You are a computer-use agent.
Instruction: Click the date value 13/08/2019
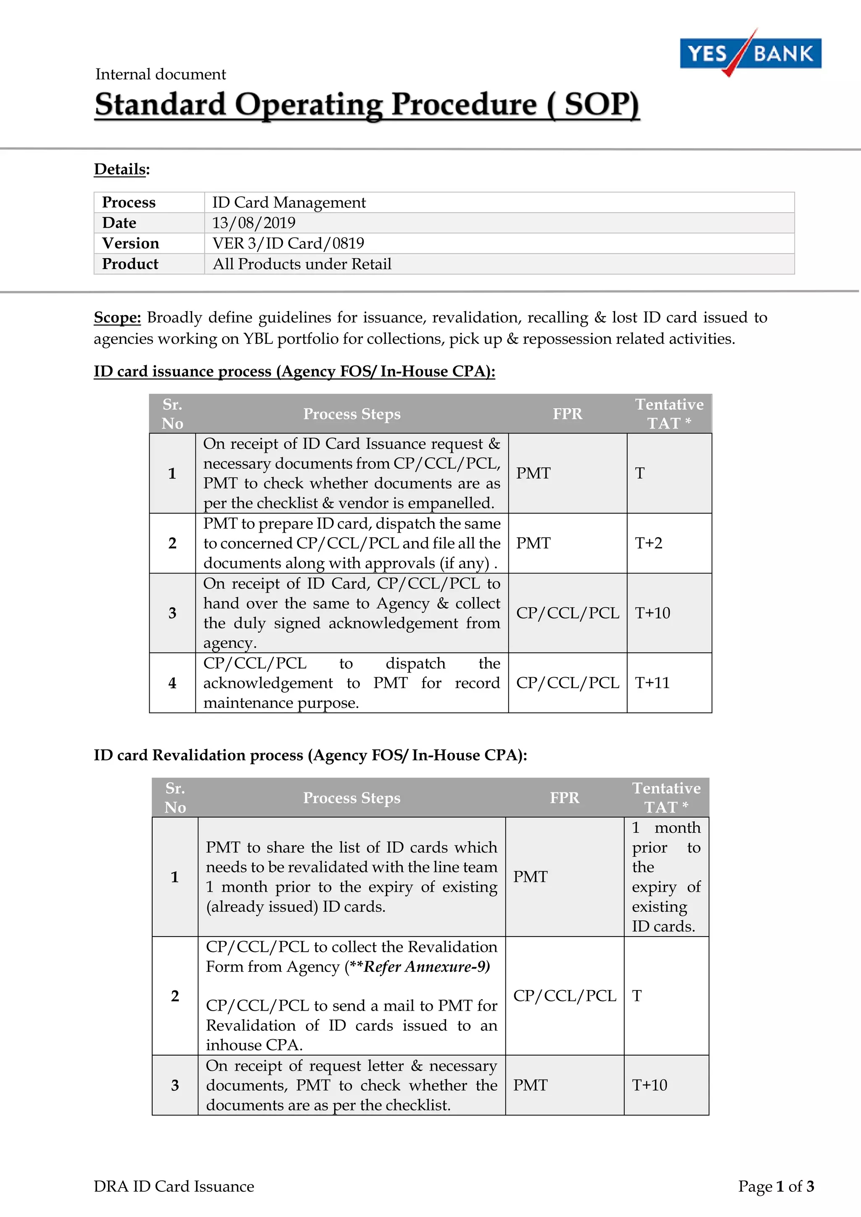click(254, 223)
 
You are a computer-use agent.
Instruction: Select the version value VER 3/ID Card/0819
click(288, 243)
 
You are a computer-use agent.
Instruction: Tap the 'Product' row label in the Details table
click(130, 264)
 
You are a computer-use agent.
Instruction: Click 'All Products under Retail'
click(302, 264)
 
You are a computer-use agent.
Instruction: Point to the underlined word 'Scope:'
click(117, 317)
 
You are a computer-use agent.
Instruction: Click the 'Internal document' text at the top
click(160, 74)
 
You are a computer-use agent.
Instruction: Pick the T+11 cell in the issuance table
click(652, 683)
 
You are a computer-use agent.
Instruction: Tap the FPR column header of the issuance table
click(567, 414)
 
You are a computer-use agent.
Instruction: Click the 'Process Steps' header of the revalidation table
click(351, 798)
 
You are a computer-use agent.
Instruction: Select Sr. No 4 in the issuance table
click(172, 683)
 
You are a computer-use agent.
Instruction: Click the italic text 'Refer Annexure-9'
click(426, 967)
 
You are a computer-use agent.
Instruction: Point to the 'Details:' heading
click(121, 169)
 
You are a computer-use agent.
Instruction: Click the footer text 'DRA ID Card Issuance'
click(174, 1186)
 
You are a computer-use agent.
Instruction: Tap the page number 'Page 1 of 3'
click(776, 1186)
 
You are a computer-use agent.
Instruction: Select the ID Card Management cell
click(289, 203)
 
